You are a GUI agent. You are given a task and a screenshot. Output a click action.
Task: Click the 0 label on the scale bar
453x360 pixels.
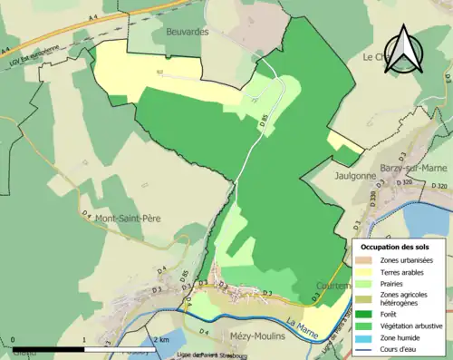click(12, 339)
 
